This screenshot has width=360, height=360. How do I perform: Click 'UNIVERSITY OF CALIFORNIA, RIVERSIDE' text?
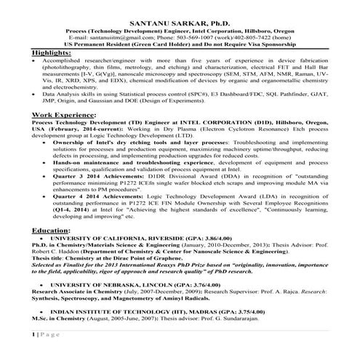(109, 239)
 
